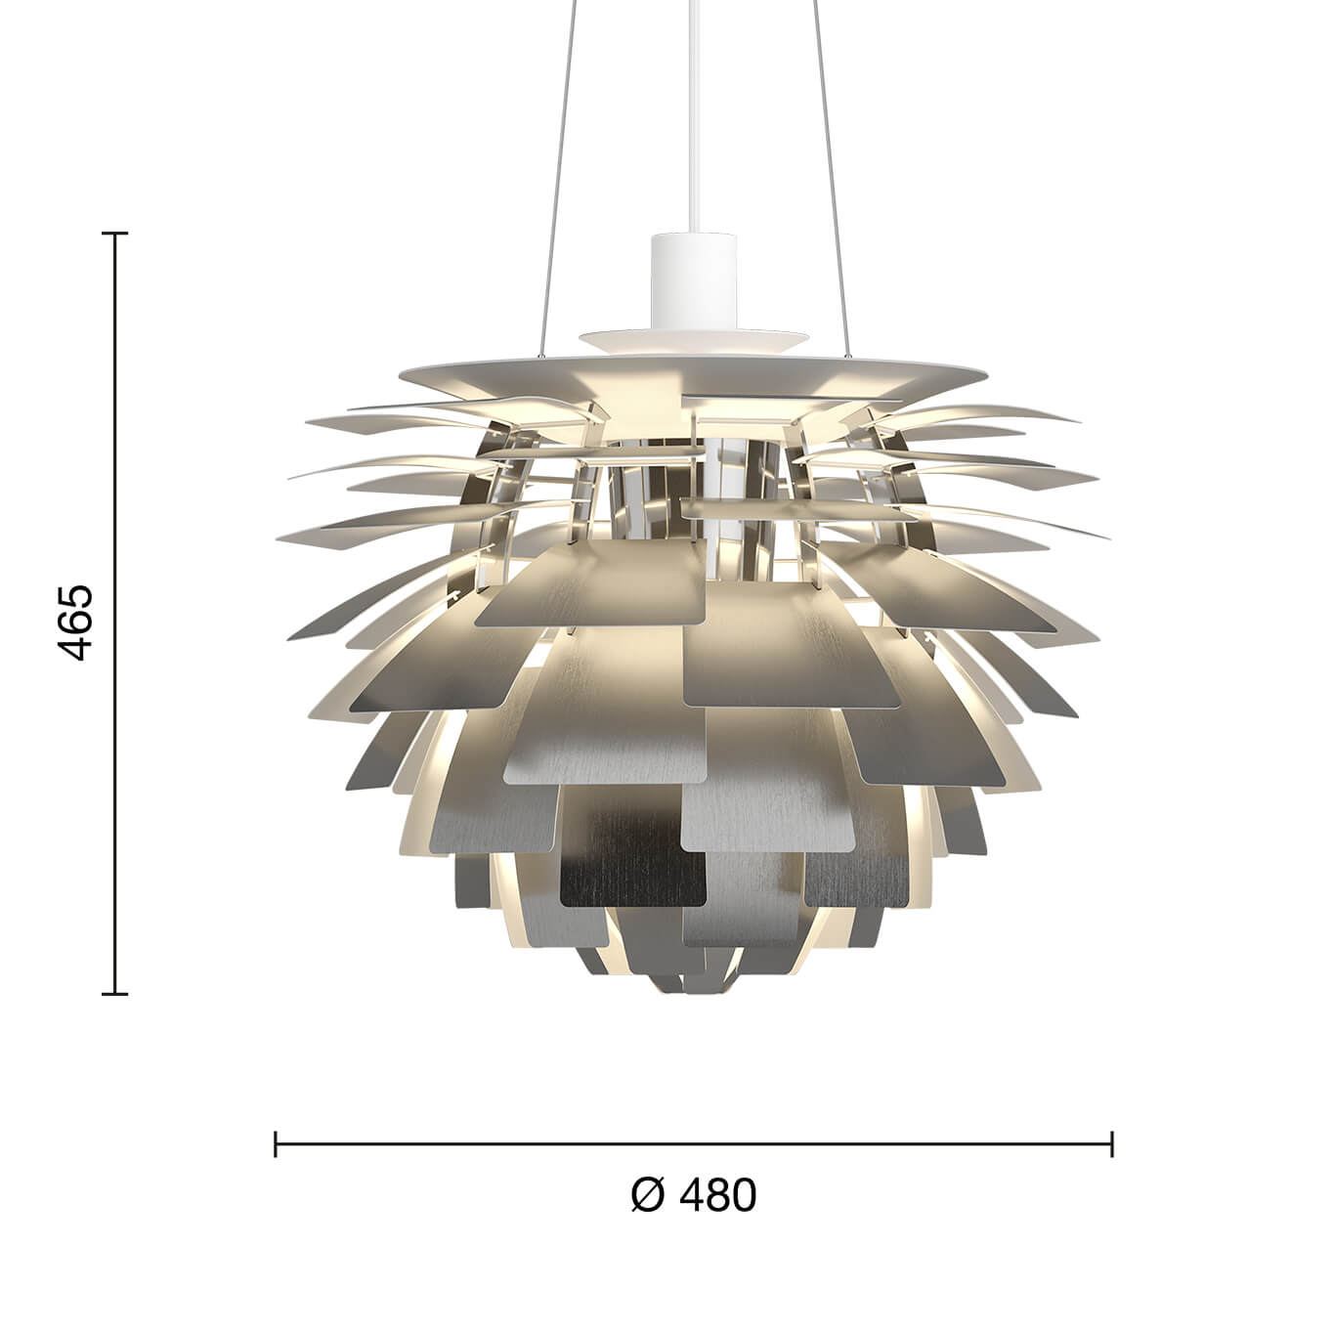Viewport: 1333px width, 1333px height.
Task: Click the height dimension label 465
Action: pos(74,622)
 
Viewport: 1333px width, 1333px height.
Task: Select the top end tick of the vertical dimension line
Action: pos(115,234)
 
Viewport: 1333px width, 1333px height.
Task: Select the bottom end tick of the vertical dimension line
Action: pos(115,994)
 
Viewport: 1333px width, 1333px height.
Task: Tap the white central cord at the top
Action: pos(693,117)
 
